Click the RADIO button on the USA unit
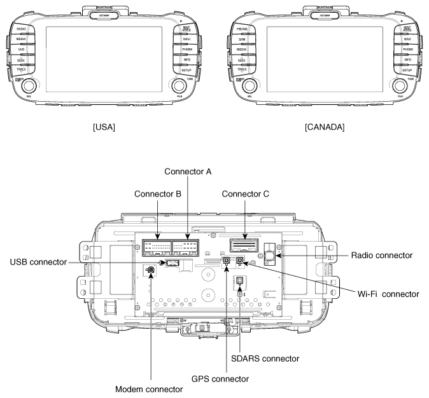click(21, 29)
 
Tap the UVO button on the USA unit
click(21, 49)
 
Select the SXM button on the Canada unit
click(242, 39)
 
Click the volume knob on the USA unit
click(29, 85)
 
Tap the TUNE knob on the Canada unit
click(400, 85)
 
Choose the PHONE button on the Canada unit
click(407, 49)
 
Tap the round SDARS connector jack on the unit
click(239, 281)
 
